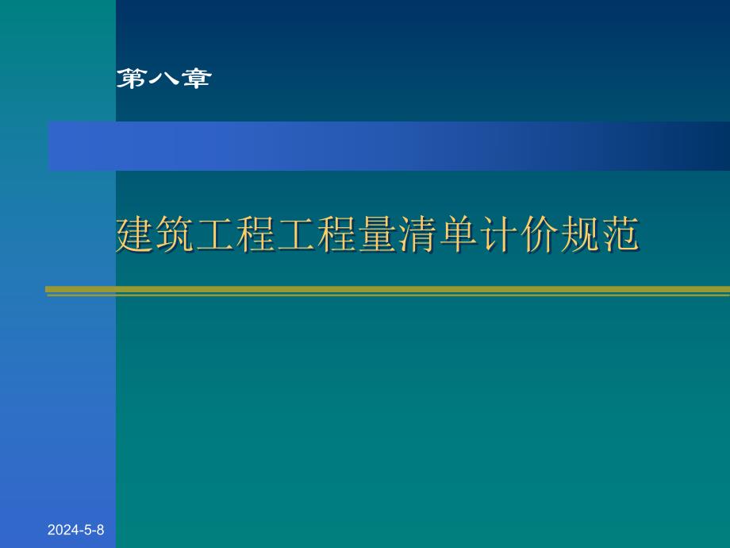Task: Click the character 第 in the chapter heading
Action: [131, 78]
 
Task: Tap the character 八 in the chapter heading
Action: [163, 78]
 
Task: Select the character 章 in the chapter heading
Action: [194, 78]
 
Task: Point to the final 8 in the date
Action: [100, 530]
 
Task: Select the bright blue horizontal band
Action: [317, 146]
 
